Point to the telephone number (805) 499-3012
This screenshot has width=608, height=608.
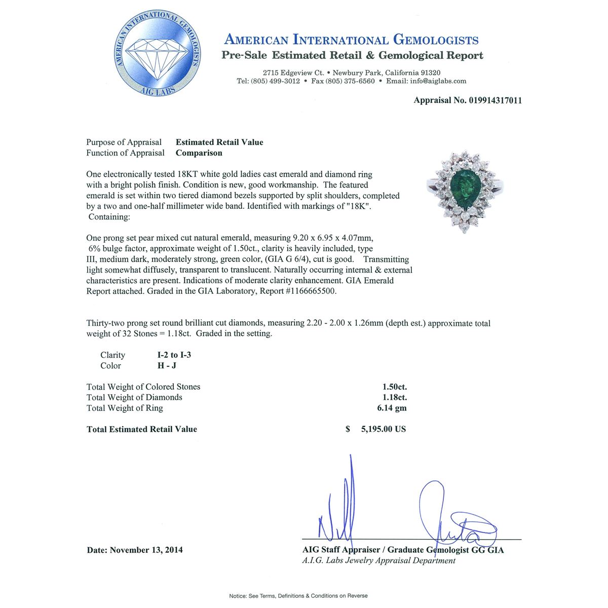[275, 81]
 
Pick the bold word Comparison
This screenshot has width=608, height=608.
[199, 153]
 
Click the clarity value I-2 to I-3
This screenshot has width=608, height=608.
[174, 355]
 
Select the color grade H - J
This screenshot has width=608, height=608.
[167, 366]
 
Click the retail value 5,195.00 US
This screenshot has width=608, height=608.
[383, 429]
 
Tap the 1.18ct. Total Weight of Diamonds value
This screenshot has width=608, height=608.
[395, 397]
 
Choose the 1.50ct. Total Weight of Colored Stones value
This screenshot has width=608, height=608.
[395, 387]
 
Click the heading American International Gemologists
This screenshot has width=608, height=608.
[351, 40]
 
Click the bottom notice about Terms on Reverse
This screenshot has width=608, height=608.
[298, 596]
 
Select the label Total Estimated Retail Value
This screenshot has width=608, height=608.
[142, 429]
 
